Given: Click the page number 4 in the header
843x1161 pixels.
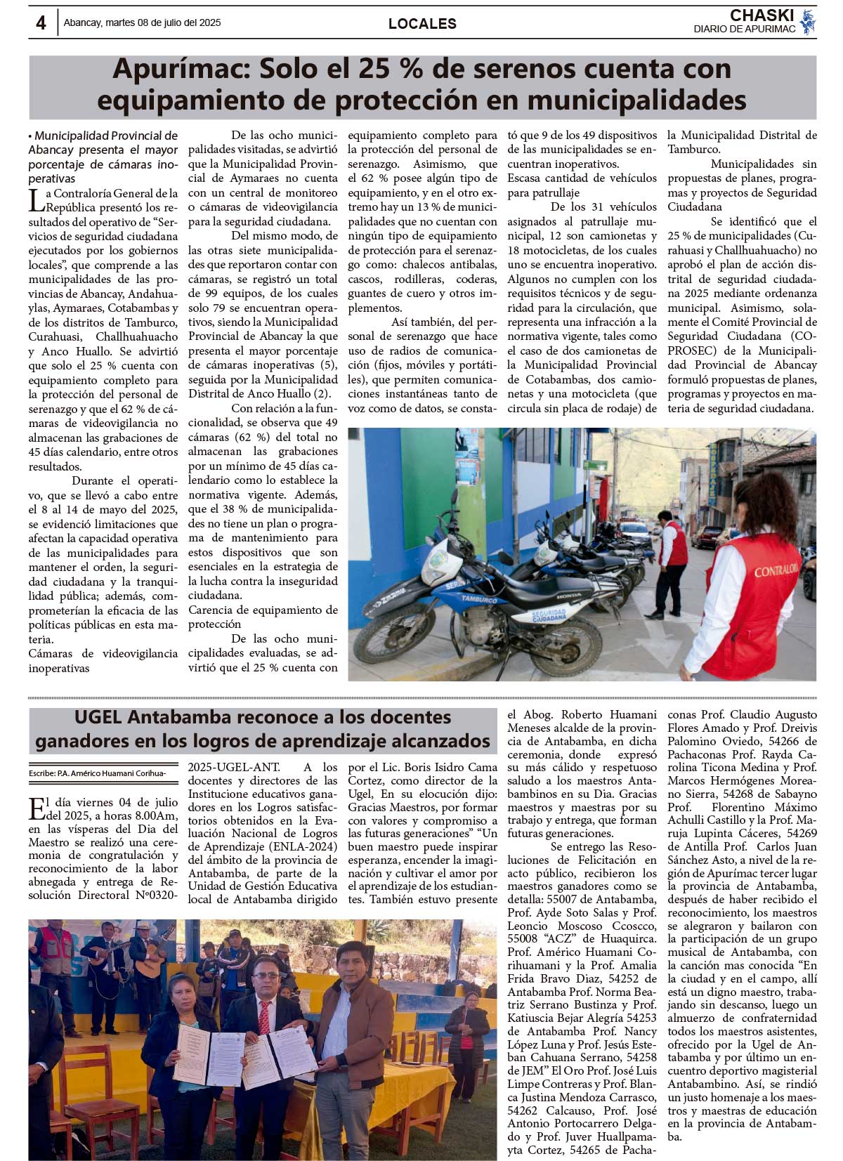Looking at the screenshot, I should (x=41, y=23).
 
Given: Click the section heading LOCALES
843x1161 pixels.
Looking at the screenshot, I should (x=422, y=24).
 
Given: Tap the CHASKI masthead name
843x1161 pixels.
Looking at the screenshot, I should (x=762, y=15).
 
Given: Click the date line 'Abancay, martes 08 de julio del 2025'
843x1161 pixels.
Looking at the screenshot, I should (x=142, y=23).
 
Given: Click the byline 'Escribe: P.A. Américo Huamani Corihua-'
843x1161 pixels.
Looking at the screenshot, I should (x=98, y=773).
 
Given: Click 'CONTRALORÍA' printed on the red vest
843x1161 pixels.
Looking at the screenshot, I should (x=776, y=571).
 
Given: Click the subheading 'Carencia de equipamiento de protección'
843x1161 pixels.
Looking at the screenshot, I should (x=263, y=617).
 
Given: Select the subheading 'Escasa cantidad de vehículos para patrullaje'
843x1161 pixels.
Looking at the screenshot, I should (x=582, y=185).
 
